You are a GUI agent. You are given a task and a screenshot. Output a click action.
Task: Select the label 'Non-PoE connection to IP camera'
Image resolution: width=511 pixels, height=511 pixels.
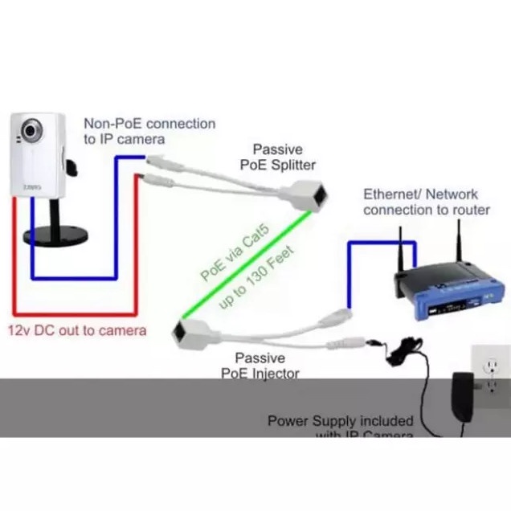pos(149,131)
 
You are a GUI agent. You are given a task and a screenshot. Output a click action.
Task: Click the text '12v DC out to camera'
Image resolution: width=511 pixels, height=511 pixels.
pos(78,330)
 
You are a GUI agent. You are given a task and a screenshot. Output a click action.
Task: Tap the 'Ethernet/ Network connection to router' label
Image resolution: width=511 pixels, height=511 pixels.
pos(426,202)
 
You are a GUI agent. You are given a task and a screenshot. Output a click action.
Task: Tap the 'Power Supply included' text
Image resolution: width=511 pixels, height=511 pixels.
pos(340,420)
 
